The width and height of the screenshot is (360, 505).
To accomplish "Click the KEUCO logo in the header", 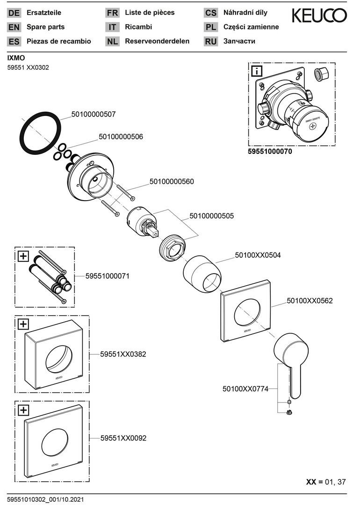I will pos(319,16).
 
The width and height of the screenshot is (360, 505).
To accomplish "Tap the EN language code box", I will pos(14,28).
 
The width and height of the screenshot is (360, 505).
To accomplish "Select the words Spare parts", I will pos(46,27).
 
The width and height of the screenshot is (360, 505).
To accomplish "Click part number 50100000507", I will pos(94,114).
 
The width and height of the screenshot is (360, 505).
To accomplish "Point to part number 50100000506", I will pos(121,137).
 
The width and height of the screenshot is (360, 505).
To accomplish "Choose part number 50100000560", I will pos(172,181).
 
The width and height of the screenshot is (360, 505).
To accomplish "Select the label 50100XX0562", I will pos(310,301).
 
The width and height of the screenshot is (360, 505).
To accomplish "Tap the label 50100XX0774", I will pos(245,388).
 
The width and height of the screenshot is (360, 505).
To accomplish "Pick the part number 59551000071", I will pos(107,276).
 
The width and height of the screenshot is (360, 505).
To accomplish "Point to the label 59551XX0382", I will pos(123,354).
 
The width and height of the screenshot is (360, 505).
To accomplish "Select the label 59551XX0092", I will pos(123,438).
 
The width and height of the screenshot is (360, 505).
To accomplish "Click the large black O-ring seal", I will pos(41,132).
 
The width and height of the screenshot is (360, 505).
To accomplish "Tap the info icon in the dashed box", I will pos(257,72).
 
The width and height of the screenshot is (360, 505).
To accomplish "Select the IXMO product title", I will pos(16,58).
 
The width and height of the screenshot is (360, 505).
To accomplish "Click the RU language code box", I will pos(211,42).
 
